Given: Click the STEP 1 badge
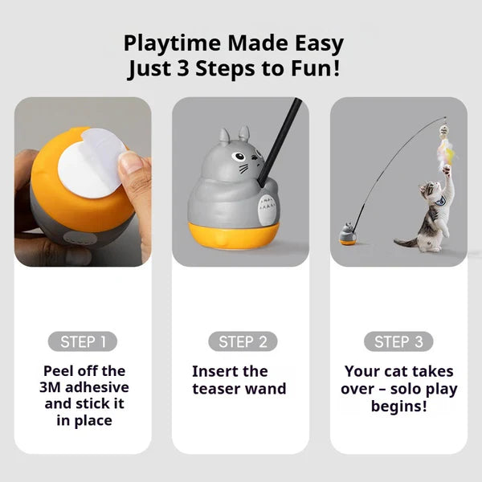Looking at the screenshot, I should [83, 341].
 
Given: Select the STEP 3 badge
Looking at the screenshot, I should [398, 341].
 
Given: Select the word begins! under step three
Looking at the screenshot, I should [398, 406].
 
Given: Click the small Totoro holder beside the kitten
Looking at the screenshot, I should [348, 235].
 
